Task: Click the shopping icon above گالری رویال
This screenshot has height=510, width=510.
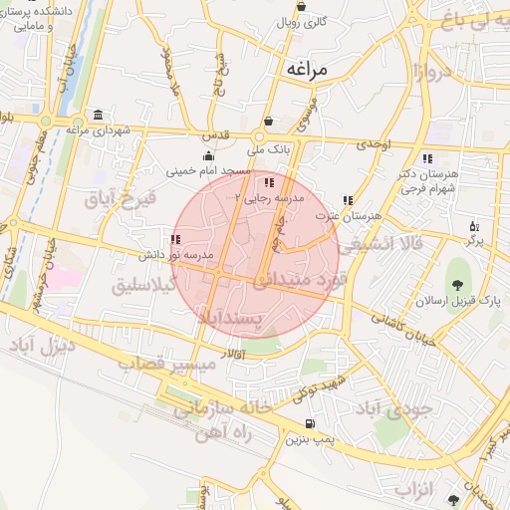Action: pos(301,5)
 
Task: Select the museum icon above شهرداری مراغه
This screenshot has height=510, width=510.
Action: pos(98,115)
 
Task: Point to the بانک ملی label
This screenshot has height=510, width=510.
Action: pos(266,149)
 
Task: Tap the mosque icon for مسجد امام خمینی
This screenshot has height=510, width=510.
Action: pos(207,155)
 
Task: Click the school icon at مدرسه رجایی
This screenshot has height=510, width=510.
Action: pos(268,183)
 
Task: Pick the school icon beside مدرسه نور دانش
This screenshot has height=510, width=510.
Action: pos(176,239)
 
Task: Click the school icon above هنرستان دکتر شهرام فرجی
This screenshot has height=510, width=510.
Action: pos(427,158)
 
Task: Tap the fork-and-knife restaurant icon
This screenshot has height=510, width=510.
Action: pos(473,226)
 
